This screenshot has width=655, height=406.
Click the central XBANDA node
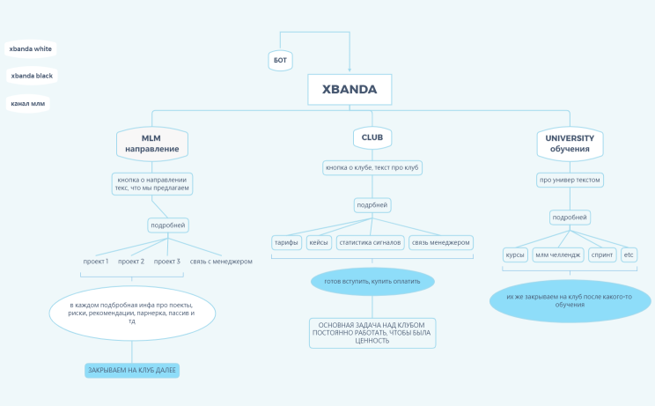[x=349, y=90]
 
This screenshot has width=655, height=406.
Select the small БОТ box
[x=280, y=60]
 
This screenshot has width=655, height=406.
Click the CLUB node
[x=372, y=137]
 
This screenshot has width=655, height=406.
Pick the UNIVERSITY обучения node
[x=570, y=144]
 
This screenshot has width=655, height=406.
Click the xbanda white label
[x=31, y=49]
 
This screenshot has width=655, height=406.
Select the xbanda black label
[x=32, y=76]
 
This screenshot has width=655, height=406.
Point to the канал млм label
[x=27, y=103]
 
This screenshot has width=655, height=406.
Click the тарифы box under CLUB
[x=286, y=242]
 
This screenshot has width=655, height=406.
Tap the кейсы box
[x=319, y=242]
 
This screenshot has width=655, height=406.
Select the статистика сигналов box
[x=370, y=242]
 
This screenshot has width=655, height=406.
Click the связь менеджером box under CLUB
[x=441, y=242]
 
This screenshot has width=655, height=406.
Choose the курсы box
[x=514, y=255]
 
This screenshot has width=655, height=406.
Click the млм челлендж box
[x=558, y=255]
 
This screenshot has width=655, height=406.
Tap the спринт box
[x=603, y=255]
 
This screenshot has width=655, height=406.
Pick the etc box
[x=629, y=255]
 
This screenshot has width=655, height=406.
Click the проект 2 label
[x=131, y=262]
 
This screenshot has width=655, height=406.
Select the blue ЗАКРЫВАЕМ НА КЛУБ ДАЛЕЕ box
[x=132, y=371]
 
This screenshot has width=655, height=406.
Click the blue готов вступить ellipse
[x=372, y=282]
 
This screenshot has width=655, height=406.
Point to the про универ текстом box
[x=570, y=180]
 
